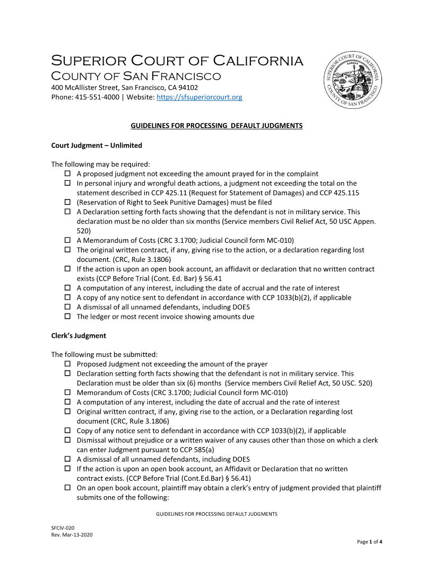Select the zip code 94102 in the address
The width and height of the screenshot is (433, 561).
pos(188,88)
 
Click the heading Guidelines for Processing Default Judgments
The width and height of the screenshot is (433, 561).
pos(216,126)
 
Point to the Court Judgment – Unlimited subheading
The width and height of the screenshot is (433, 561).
pos(96,145)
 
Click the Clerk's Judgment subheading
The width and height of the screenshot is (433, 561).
pos(78,336)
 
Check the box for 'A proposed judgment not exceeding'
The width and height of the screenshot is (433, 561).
pos(68,174)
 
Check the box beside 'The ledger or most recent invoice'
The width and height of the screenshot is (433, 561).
pos(68,317)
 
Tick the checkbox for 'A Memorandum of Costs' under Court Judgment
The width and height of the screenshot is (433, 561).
pos(68,240)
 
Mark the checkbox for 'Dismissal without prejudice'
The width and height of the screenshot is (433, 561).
pos(68,440)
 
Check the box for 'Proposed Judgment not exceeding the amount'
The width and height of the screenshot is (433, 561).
pos(68,364)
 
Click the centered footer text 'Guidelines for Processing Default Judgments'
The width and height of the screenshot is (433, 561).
pos(216,514)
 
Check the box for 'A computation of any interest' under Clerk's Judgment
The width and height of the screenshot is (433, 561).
pos(68,402)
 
